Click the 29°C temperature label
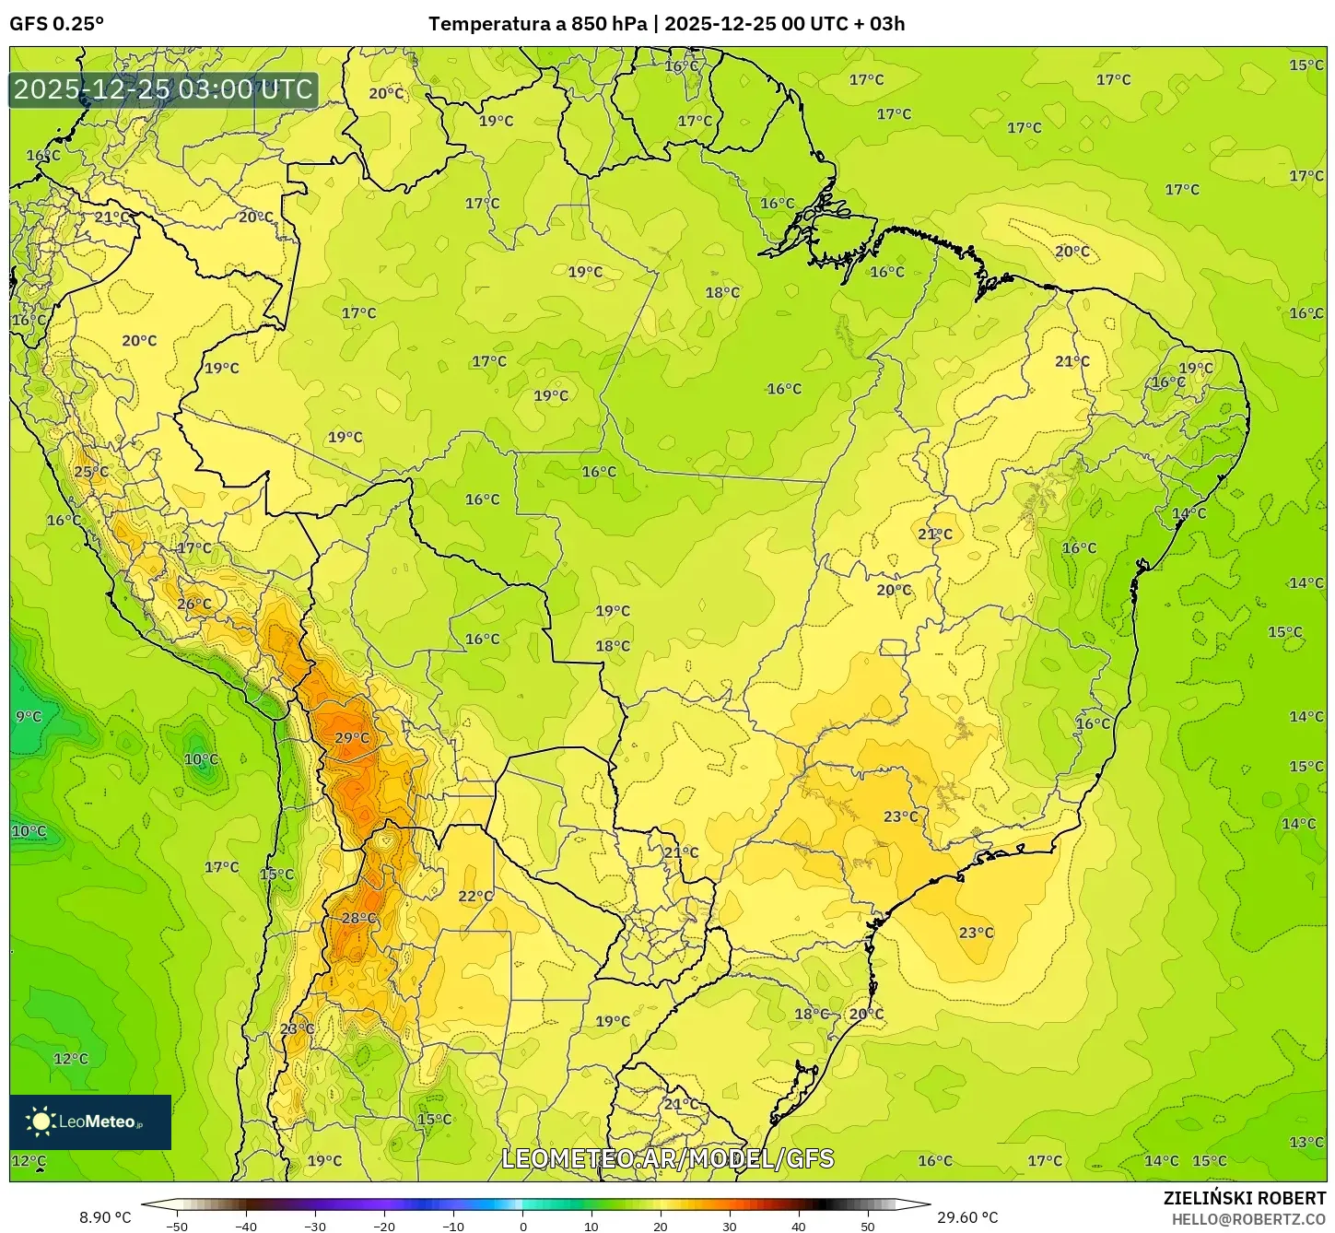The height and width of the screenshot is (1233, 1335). pyautogui.click(x=351, y=737)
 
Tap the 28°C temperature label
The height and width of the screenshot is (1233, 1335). pyautogui.click(x=358, y=918)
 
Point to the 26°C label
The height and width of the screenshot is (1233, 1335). pyautogui.click(x=193, y=605)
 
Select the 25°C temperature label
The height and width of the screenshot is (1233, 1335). pyautogui.click(x=90, y=472)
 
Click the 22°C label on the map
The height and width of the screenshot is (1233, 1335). pyautogui.click(x=475, y=896)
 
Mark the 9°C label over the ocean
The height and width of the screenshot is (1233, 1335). pyautogui.click(x=29, y=716)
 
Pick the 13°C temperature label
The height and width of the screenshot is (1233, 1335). pyautogui.click(x=1306, y=1142)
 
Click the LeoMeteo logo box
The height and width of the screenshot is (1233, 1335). pyautogui.click(x=90, y=1121)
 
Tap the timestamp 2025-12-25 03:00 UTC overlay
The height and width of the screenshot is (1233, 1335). pyautogui.click(x=163, y=89)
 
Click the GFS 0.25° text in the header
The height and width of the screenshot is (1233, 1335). pyautogui.click(x=57, y=24)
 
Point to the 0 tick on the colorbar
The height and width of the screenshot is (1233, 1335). pyautogui.click(x=522, y=1226)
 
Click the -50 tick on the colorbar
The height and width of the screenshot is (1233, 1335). pyautogui.click(x=176, y=1226)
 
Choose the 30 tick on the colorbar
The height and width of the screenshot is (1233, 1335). pyautogui.click(x=730, y=1226)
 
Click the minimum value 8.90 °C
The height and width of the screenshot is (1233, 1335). pyautogui.click(x=105, y=1217)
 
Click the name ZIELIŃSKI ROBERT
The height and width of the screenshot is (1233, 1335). pyautogui.click(x=1244, y=1198)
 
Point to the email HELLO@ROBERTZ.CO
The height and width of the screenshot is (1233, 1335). pyautogui.click(x=1248, y=1218)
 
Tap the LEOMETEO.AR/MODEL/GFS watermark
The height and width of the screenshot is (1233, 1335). pyautogui.click(x=667, y=1158)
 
